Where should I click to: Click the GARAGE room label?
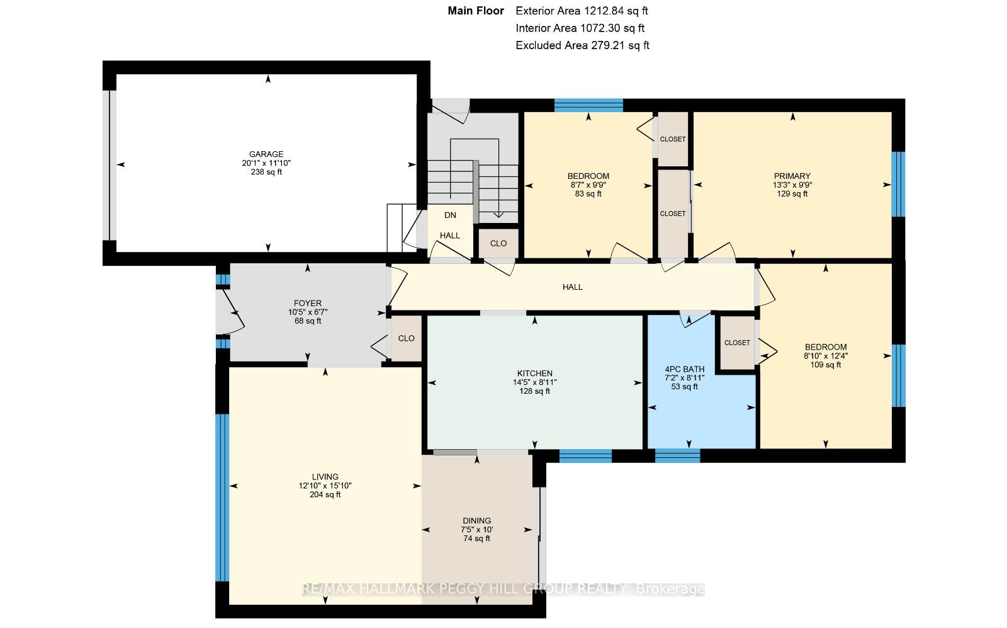266,154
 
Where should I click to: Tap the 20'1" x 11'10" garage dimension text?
266,163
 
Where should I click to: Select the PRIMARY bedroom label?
792,176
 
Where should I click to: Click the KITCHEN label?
534,374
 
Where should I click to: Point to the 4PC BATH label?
685,369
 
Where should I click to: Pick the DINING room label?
477,520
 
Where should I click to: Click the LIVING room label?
325,477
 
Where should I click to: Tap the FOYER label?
308,303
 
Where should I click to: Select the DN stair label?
450,215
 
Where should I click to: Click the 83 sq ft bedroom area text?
588,194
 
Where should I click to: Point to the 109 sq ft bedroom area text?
826,365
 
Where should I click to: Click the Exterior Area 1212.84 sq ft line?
582,11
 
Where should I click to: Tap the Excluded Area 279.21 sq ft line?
582,45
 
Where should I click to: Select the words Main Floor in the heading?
476,11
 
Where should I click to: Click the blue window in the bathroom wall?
677,455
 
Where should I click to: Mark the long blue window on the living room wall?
222,498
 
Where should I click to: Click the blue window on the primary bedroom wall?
897,185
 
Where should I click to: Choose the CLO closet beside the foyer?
407,338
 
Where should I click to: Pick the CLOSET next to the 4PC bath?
737,343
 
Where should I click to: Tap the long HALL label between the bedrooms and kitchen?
573,287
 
